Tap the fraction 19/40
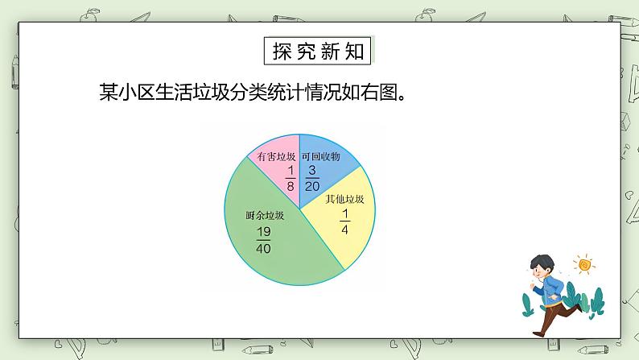click(x=263, y=240)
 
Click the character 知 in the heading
click(x=357, y=52)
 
